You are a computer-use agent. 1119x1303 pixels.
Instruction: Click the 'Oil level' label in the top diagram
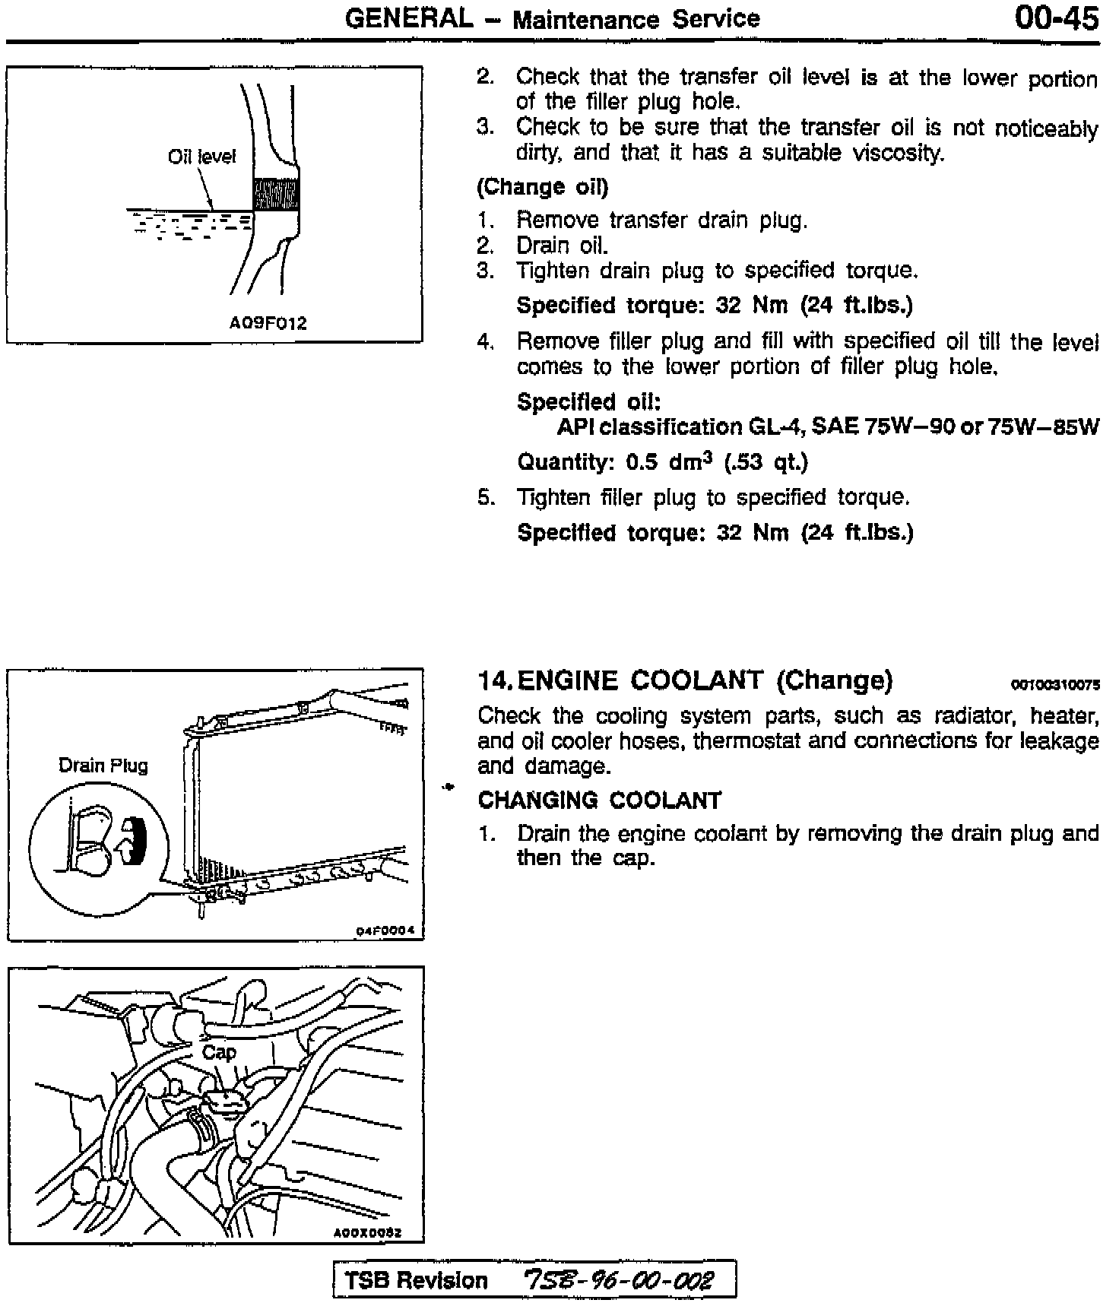[x=201, y=157]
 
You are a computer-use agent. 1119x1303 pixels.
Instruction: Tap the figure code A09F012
[x=268, y=323]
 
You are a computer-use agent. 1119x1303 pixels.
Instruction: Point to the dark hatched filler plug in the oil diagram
[x=275, y=195]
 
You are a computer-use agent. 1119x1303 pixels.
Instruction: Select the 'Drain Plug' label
[x=103, y=766]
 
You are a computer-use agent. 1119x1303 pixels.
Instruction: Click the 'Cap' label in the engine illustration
[x=219, y=1052]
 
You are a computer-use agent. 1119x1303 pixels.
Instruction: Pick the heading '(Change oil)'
[x=543, y=187]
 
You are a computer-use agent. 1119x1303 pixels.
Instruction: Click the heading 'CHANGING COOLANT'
[x=600, y=801]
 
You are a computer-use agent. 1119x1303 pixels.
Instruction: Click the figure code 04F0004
[x=389, y=930]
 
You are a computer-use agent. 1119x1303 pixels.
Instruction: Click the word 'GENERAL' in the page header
[x=409, y=18]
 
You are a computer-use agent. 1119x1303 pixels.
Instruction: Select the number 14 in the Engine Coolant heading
[x=491, y=680]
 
